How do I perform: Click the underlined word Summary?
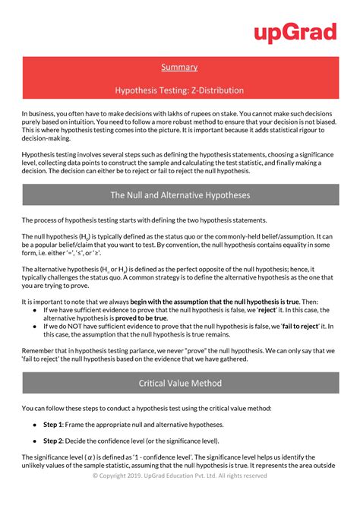click(179, 68)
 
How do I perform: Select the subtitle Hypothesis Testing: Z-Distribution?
click(179, 90)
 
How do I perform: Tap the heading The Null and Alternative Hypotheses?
click(179, 195)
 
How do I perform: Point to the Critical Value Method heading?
click(179, 384)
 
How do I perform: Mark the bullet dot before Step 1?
click(35, 424)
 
